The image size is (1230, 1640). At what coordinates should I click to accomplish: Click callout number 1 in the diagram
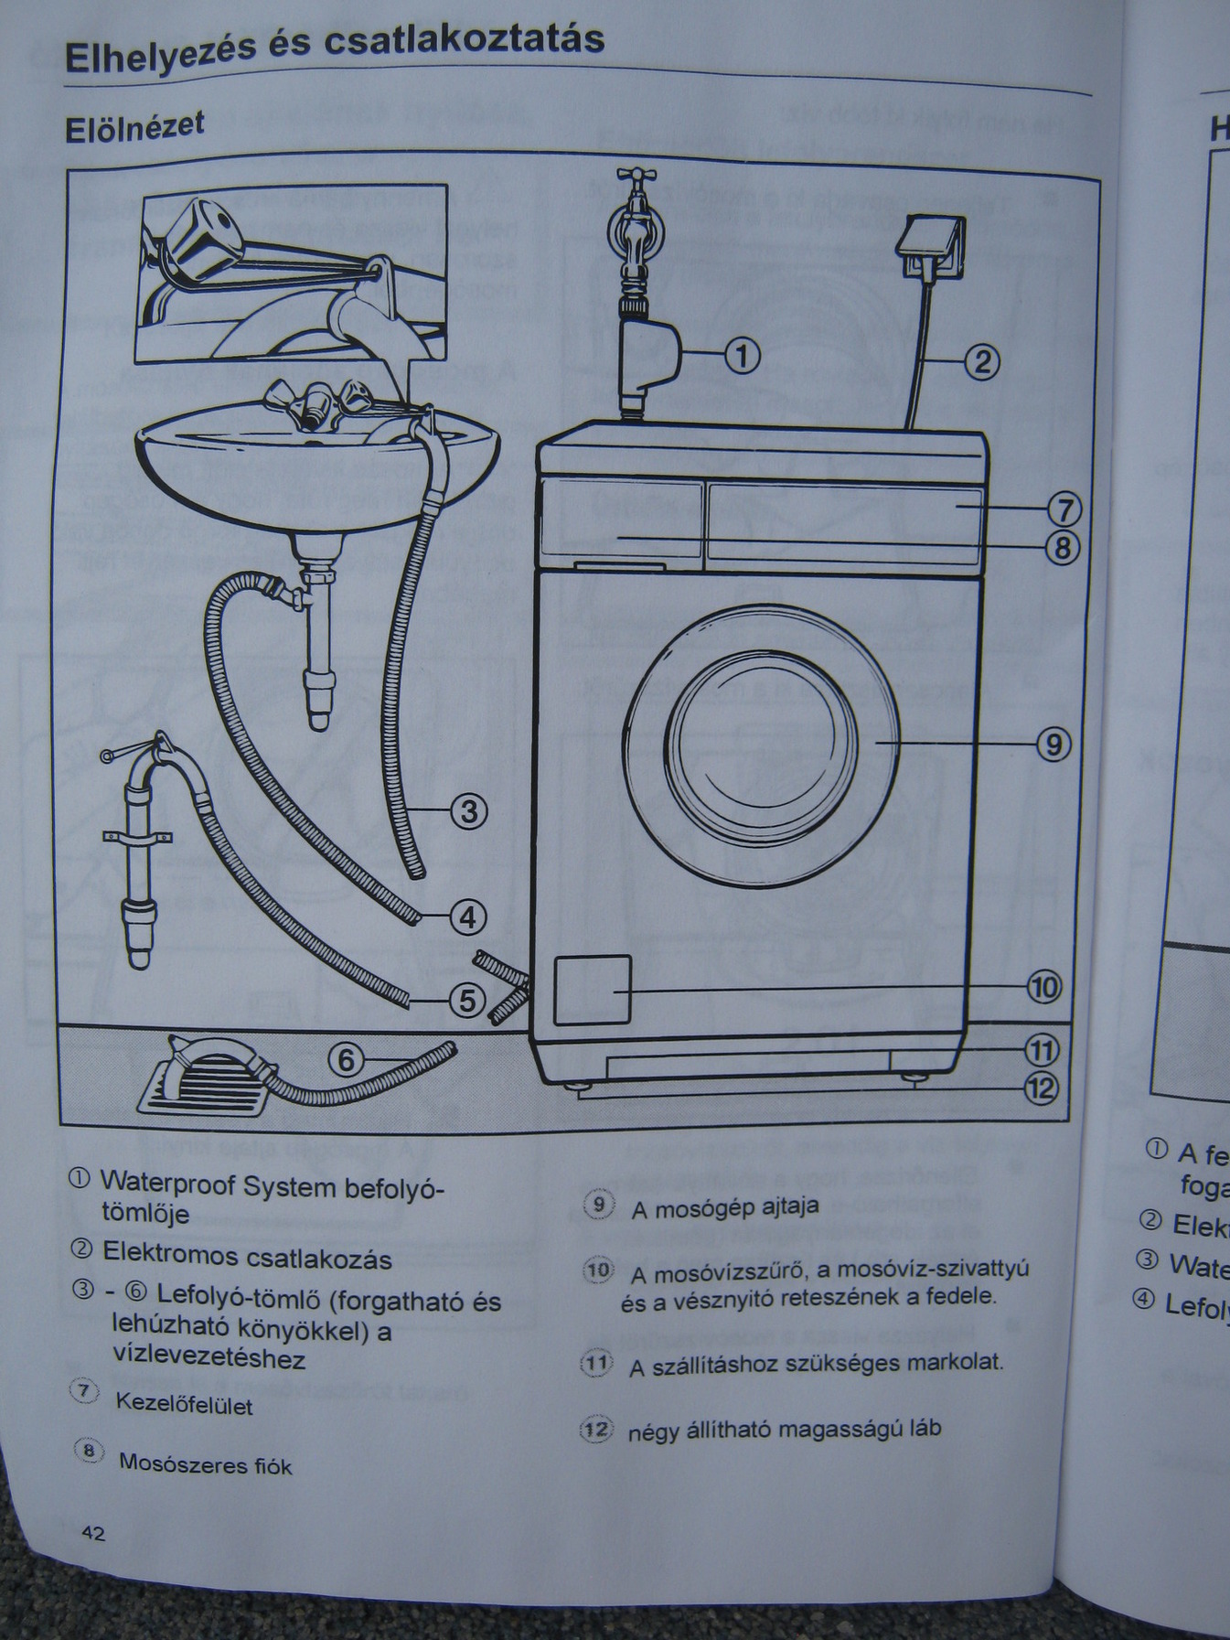click(743, 356)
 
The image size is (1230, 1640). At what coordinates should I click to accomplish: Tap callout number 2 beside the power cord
click(981, 363)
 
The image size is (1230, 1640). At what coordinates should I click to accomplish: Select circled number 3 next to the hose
click(468, 811)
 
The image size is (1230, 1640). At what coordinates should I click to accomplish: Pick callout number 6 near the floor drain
click(347, 1060)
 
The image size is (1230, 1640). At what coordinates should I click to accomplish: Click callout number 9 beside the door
click(1054, 745)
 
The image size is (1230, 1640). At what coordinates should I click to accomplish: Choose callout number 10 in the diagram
click(1043, 987)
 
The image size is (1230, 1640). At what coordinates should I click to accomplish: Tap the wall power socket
click(930, 247)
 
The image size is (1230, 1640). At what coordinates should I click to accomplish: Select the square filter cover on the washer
click(593, 990)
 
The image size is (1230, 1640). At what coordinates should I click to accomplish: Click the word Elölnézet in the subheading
click(134, 127)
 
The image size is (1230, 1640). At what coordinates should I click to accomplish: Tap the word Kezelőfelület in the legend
click(184, 1404)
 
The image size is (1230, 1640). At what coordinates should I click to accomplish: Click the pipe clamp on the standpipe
click(137, 839)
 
